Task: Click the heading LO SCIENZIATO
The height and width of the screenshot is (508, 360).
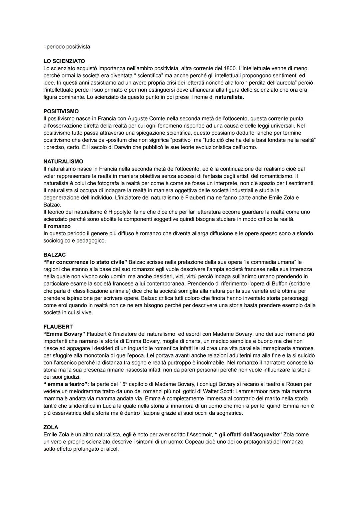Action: (64, 61)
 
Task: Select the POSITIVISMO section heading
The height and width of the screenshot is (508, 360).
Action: (61, 111)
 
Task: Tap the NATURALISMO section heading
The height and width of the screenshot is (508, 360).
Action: (63, 161)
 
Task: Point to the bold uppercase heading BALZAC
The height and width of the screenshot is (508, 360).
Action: (54, 255)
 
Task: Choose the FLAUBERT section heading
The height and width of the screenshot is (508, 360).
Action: (58, 327)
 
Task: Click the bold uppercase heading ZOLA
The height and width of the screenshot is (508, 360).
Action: (51, 427)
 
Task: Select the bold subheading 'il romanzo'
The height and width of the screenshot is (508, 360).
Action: (57, 226)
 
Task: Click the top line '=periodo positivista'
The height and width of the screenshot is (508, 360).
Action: (67, 47)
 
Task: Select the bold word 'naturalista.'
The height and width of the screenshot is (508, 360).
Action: (229, 97)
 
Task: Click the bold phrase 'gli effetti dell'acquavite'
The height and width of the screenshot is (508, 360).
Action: (248, 434)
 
